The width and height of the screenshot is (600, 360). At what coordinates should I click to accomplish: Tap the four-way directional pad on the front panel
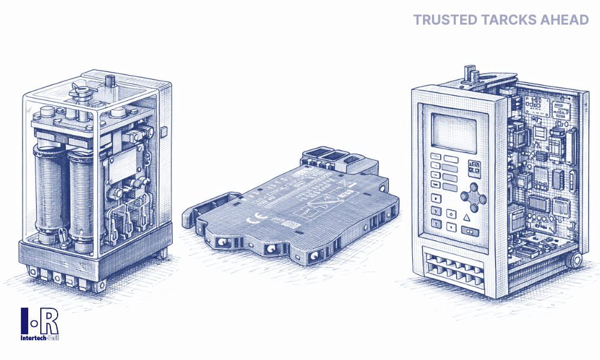(473, 197)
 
